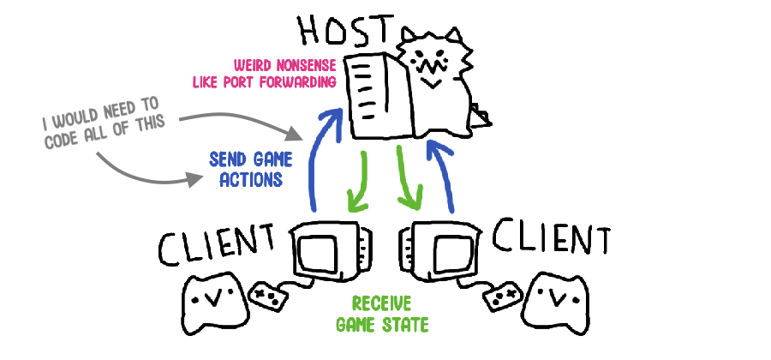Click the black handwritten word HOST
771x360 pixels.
pos(347,31)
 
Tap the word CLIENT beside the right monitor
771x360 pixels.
pos(552,237)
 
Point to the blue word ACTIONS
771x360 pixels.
pos(251,179)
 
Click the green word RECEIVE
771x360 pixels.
pos(381,304)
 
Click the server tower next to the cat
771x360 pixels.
pos(379,95)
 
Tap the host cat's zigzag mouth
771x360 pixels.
pos(427,65)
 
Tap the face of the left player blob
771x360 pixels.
pos(212,298)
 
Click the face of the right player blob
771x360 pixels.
pos(556,297)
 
